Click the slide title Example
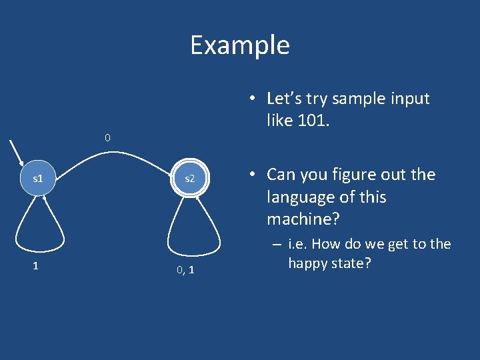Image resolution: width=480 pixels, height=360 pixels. [x=240, y=45]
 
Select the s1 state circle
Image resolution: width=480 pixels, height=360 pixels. [x=38, y=179]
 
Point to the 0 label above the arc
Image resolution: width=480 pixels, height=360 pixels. [x=107, y=138]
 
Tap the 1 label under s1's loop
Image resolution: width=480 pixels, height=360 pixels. [x=35, y=265]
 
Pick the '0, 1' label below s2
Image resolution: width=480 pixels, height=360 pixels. [x=186, y=270]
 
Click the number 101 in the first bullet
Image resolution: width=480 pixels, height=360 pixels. [x=315, y=121]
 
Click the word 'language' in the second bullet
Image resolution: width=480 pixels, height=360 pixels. [x=299, y=197]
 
